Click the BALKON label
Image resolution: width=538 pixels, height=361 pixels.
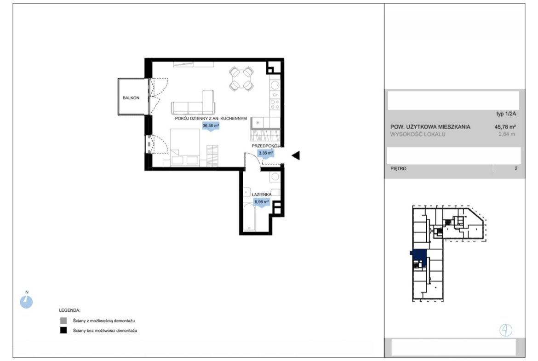point(131,98)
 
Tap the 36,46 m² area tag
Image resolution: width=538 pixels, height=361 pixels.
point(211,126)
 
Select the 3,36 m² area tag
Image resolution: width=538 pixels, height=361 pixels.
point(266,154)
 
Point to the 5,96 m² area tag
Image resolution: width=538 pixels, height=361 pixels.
point(262,202)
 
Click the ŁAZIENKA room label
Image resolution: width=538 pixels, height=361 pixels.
point(262,195)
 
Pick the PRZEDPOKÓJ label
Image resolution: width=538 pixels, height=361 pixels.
point(266,146)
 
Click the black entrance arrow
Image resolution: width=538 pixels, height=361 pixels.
point(296,155)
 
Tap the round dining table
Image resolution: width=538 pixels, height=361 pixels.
point(241,79)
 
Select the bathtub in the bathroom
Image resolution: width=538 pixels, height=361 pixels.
point(249,218)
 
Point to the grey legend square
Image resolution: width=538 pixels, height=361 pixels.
point(63,321)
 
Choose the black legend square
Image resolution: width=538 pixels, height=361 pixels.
point(63,331)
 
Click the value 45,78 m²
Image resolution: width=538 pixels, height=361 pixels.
point(505,126)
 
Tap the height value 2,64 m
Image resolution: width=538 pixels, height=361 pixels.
point(507,134)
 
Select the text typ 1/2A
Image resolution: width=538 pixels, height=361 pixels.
point(506,114)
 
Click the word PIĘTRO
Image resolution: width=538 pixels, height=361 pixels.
point(398,168)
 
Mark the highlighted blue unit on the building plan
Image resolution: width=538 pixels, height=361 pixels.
point(419,256)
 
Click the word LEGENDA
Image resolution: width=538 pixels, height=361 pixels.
point(69,310)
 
